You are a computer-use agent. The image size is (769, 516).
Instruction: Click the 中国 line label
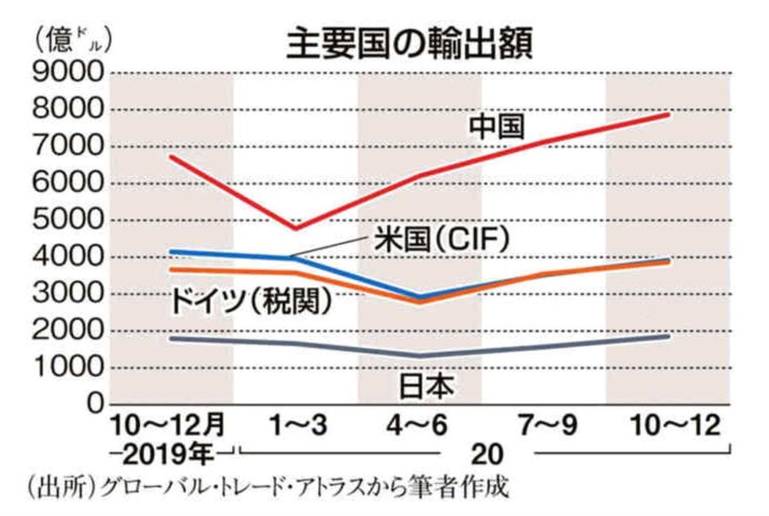point(497,126)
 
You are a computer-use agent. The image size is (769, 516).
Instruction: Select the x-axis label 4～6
point(420,426)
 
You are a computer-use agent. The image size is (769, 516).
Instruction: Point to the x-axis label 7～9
point(543,426)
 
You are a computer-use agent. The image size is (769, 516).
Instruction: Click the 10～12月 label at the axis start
point(168,426)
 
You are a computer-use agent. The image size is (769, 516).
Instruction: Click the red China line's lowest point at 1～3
point(297,228)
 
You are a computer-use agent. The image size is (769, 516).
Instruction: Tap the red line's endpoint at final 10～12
point(668,115)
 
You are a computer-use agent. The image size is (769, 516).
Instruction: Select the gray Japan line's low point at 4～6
point(420,356)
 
